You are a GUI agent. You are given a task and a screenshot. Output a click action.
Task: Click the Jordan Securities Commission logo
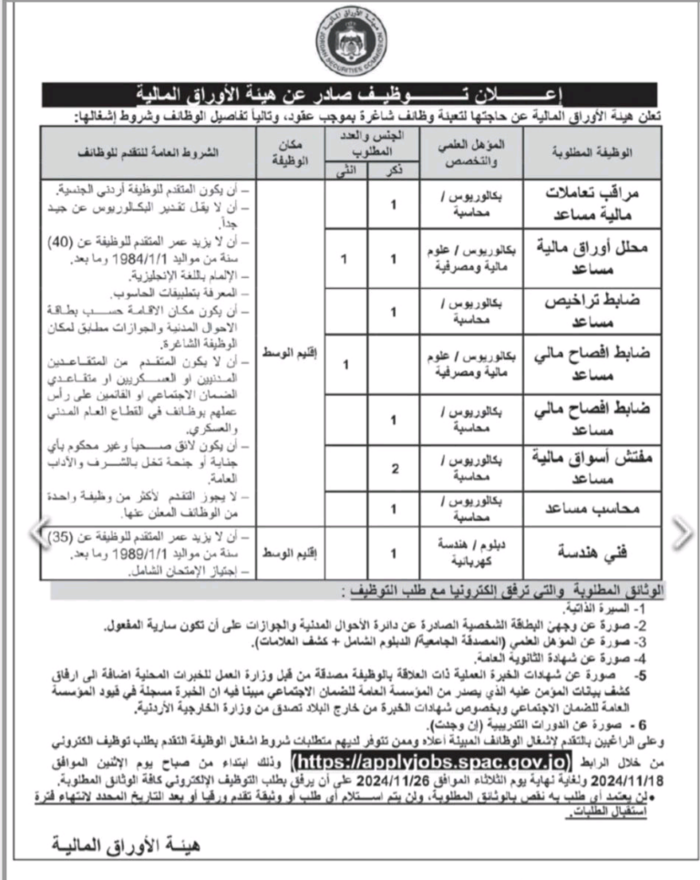click(x=350, y=41)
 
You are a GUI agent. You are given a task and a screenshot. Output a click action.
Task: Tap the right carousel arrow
click(x=682, y=533)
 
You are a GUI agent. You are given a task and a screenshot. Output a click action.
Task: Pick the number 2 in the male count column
click(x=394, y=470)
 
